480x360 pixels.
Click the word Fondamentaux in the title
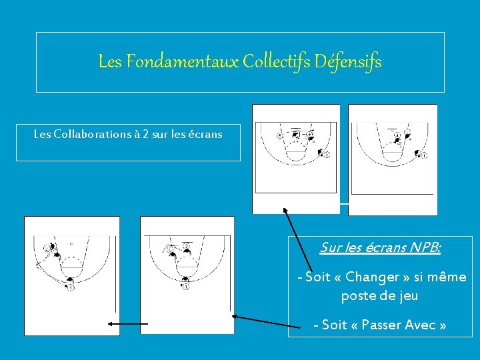(182, 61)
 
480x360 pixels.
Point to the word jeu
(409, 296)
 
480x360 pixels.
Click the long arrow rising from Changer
(298, 240)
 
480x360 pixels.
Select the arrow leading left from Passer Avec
(266, 322)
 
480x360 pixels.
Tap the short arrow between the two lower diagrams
(128, 324)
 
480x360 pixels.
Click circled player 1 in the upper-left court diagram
(327, 155)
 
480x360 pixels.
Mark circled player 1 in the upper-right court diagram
(424, 155)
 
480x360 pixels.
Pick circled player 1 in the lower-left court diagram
(71, 288)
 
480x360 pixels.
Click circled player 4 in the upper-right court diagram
(397, 135)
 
